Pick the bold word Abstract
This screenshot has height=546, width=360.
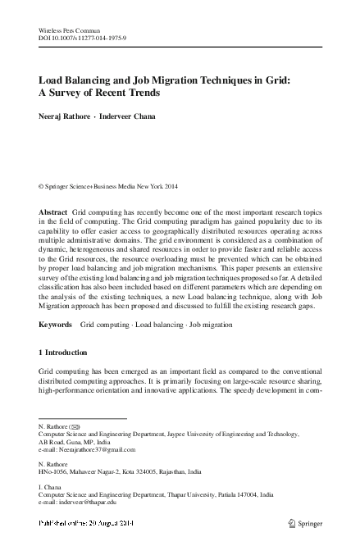(53, 212)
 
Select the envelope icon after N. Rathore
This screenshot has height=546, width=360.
(75, 428)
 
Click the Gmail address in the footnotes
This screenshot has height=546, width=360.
(97, 450)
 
